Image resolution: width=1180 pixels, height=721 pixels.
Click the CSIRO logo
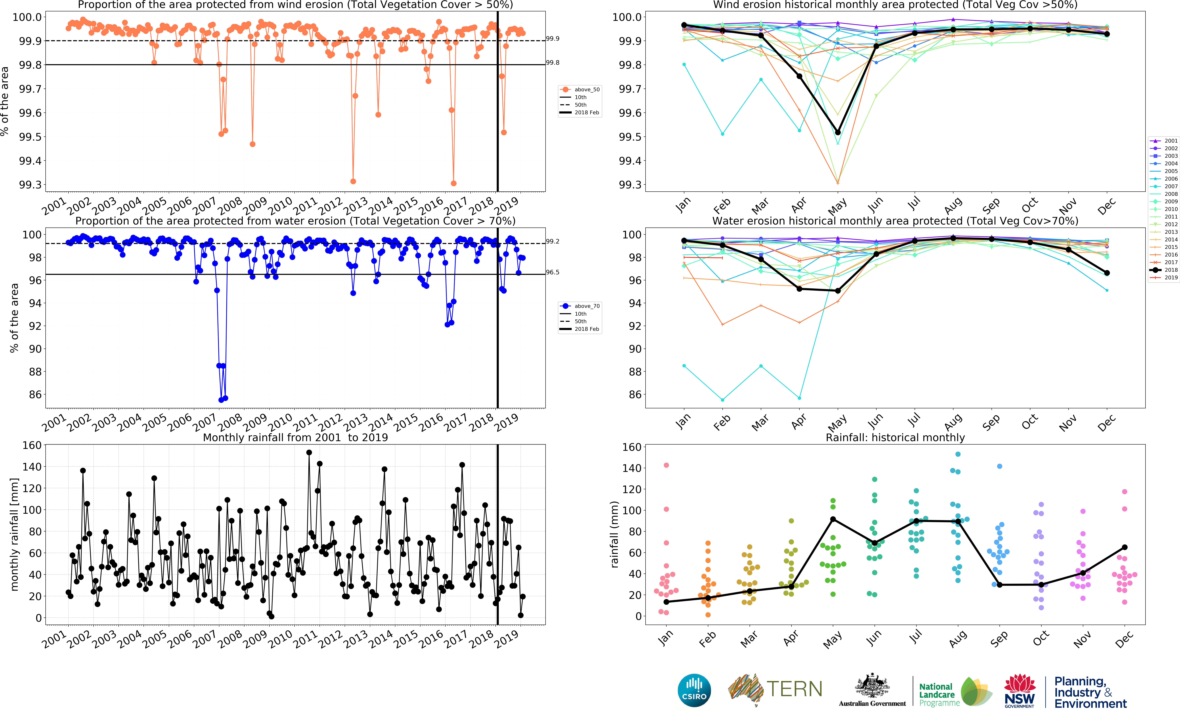pyautogui.click(x=694, y=690)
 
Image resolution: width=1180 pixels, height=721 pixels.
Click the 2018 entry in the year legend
pyautogui.click(x=1170, y=270)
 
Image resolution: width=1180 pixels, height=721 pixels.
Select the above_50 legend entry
pyautogui.click(x=587, y=90)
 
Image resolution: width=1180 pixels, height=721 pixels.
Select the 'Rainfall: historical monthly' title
pyautogui.click(x=895, y=437)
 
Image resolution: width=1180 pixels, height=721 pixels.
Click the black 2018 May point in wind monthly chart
pyautogui.click(x=838, y=132)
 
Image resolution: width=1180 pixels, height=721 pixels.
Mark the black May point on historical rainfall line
pyautogui.click(x=833, y=519)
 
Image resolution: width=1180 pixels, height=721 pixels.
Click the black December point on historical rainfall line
pyautogui.click(x=1124, y=547)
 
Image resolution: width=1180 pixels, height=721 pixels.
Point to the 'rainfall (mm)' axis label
pyautogui.click(x=614, y=534)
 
